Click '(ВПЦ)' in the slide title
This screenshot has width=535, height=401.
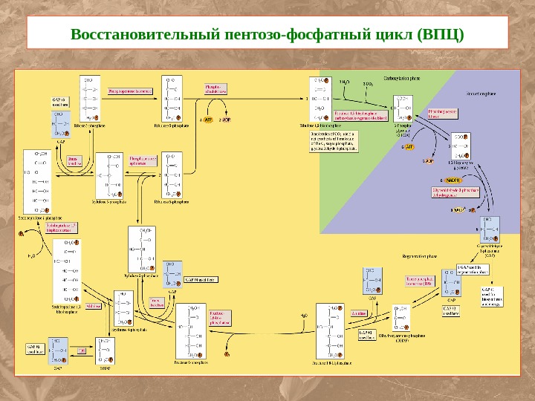[441, 35]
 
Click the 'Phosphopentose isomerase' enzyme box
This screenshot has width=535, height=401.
[130, 91]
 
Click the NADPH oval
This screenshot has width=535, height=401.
[452, 179]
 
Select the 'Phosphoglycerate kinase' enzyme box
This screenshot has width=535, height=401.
[438, 114]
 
